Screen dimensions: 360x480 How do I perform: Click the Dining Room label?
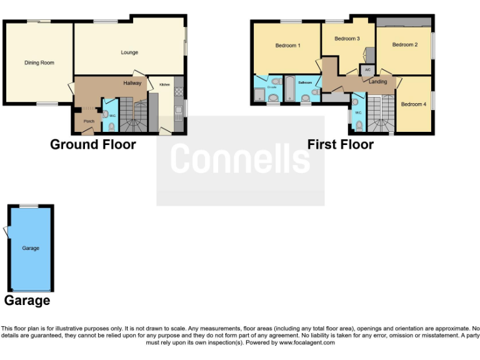click(39, 62)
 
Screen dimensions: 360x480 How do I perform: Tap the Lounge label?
click(129, 52)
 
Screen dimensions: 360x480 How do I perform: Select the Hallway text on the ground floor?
click(132, 83)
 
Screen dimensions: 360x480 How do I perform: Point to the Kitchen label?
click(164, 84)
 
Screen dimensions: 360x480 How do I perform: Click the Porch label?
click(89, 121)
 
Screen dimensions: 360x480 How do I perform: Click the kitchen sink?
click(178, 111)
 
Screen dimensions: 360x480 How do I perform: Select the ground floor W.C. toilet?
click(111, 126)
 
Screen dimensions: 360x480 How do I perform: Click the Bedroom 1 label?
click(287, 46)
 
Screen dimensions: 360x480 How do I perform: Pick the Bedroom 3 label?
click(347, 39)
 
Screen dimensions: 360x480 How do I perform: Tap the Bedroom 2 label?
click(405, 45)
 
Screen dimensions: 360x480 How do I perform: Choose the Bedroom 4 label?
click(413, 104)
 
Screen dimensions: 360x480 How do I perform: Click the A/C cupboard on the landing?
click(367, 69)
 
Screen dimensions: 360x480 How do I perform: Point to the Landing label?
click(377, 82)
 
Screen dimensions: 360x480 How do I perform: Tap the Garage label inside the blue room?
click(31, 248)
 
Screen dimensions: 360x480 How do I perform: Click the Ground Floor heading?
click(93, 145)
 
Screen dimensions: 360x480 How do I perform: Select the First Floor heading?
click(340, 145)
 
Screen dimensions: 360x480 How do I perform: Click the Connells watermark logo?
click(240, 159)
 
